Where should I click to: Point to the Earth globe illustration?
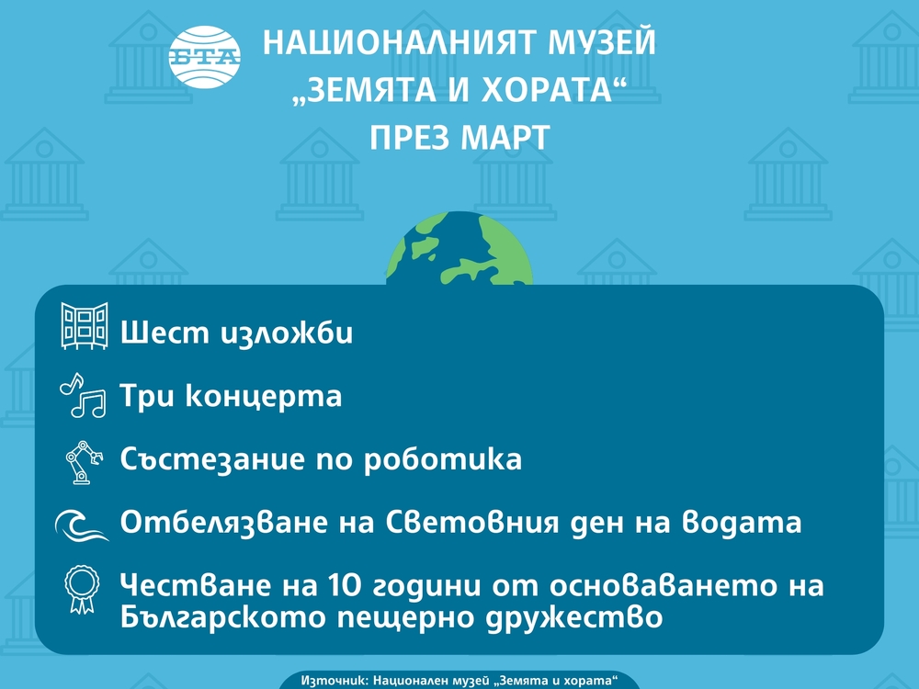pyautogui.click(x=459, y=254)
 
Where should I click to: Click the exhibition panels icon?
pyautogui.click(x=84, y=325)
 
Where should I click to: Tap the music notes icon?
pyautogui.click(x=84, y=395)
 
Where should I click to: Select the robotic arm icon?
pyautogui.click(x=83, y=462)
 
